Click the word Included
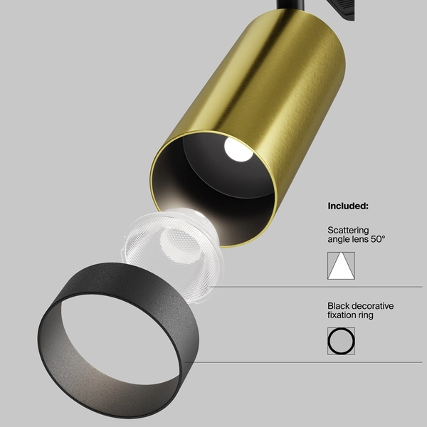pos(347,206)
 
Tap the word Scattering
pos(348,230)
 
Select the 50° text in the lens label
pos(376,240)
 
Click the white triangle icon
pos(341,265)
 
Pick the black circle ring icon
pos(341,341)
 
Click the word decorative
pos(374,305)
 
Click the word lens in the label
pos(359,240)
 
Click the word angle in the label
pos(339,240)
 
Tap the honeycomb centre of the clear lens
pos(174,246)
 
